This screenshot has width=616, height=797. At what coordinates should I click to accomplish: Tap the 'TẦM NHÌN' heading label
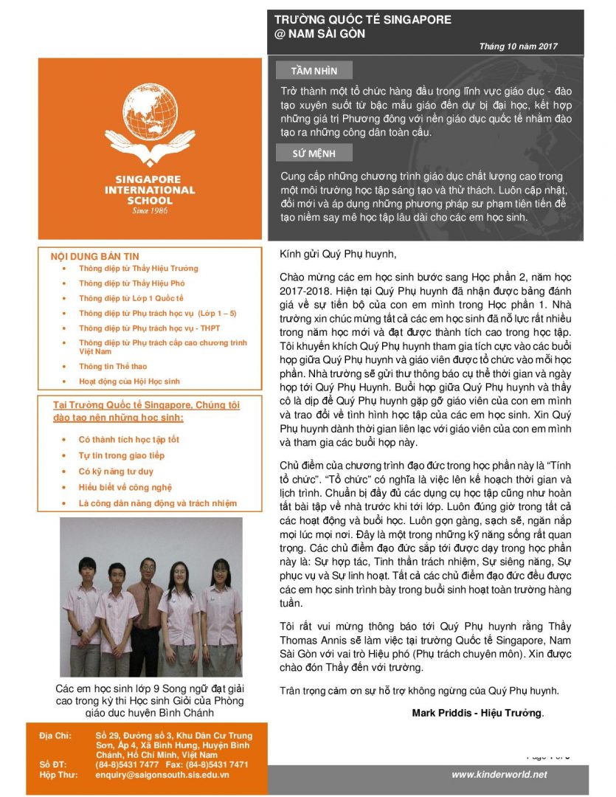(314, 71)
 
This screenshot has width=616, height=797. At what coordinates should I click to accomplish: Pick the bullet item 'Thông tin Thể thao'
(114, 366)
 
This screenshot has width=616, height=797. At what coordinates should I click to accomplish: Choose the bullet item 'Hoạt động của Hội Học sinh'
(129, 382)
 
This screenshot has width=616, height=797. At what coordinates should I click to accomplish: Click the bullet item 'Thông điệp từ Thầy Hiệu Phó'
(131, 283)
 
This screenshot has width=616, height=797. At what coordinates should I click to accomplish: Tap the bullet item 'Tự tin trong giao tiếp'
(121, 455)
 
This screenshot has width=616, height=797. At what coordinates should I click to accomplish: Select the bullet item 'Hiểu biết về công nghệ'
(125, 487)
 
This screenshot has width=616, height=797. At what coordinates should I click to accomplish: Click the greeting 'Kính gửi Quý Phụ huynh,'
(338, 255)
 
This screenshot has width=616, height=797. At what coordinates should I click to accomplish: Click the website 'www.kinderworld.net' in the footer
(499, 774)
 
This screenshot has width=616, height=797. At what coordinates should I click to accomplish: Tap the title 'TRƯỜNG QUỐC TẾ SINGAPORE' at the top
(362, 20)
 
